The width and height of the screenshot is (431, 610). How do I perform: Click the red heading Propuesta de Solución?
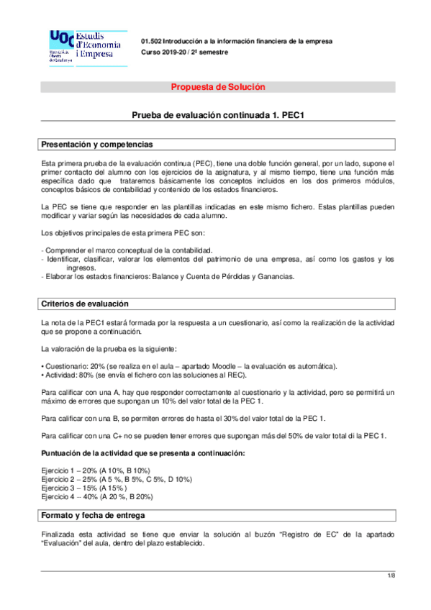click(217, 87)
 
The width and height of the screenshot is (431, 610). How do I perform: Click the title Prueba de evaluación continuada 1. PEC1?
click(217, 115)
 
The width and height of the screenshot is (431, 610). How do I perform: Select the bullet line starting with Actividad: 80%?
click(145, 375)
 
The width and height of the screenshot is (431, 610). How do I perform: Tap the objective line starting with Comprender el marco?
click(127, 249)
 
